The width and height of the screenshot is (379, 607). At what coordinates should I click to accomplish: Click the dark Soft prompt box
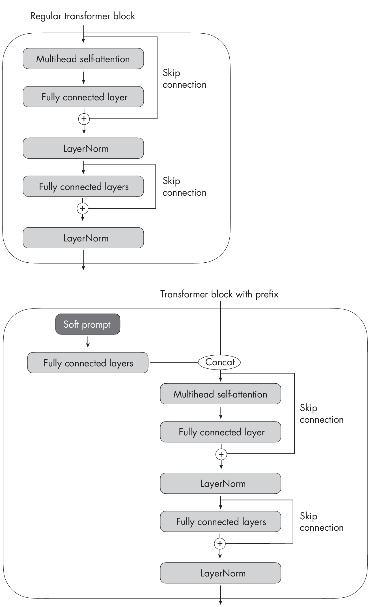(88, 324)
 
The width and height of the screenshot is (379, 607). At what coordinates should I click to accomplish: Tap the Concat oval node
(219, 362)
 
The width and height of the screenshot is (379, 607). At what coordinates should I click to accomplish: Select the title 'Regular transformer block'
(83, 16)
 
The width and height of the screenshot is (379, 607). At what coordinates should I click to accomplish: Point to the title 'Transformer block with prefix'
(219, 294)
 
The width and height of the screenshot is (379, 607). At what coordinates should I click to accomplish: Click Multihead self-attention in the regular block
(83, 59)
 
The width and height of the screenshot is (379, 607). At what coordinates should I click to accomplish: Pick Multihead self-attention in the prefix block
(220, 394)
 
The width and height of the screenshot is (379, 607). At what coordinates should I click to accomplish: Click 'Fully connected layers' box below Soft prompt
(88, 363)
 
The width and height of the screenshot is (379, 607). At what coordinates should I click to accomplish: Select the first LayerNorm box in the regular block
(83, 148)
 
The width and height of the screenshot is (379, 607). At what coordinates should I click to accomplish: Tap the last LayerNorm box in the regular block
(83, 238)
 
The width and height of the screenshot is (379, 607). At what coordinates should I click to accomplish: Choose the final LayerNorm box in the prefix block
(220, 573)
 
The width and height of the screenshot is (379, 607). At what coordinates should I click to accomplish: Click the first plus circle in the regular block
(84, 119)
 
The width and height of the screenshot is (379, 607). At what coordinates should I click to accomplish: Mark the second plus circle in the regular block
(83, 209)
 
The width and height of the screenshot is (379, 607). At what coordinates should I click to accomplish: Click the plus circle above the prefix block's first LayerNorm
(221, 454)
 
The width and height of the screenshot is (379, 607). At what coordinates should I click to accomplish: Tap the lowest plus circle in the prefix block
(220, 543)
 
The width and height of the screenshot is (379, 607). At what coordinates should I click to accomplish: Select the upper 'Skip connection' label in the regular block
(184, 79)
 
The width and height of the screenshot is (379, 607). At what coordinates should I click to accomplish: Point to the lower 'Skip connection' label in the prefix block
(321, 522)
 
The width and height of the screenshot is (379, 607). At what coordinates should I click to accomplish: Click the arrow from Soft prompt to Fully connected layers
(88, 342)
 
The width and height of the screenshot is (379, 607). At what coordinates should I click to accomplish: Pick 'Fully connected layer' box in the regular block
(83, 97)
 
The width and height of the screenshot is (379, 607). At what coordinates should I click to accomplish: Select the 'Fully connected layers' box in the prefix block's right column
(220, 521)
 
